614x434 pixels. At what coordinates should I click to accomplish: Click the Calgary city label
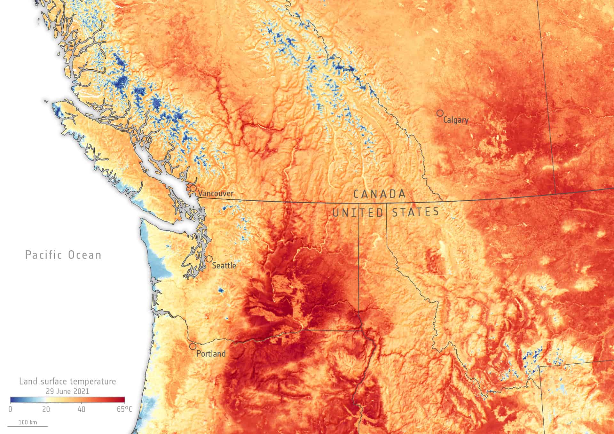[456, 120]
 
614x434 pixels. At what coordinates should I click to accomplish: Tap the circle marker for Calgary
[440, 113]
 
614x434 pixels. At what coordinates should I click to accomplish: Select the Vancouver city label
[216, 193]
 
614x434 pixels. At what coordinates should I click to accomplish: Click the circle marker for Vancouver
[193, 188]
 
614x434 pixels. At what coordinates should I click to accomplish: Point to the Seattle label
[224, 266]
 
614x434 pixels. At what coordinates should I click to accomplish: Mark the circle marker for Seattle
[209, 259]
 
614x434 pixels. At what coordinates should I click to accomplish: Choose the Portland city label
[211, 354]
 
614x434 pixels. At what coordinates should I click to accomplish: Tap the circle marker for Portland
[193, 346]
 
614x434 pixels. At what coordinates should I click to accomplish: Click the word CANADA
[380, 194]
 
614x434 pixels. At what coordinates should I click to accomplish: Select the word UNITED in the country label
[358, 213]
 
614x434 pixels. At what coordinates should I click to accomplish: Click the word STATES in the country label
[415, 212]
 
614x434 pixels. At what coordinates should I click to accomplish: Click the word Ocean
[85, 255]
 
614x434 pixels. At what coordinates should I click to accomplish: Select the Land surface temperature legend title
[67, 381]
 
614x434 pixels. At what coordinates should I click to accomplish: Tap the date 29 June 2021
[67, 391]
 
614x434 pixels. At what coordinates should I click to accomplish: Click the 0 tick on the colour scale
[11, 409]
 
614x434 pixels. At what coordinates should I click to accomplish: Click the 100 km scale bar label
[28, 422]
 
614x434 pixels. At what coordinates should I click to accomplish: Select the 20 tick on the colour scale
[46, 409]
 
